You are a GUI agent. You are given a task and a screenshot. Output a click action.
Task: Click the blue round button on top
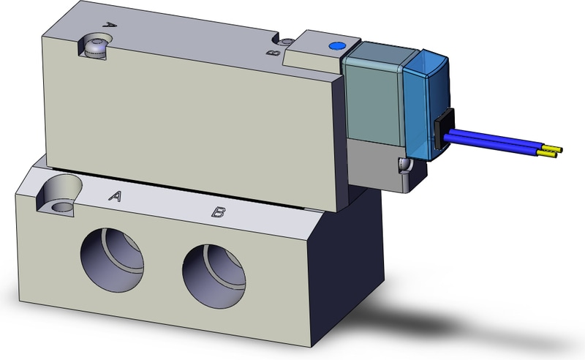(336, 46)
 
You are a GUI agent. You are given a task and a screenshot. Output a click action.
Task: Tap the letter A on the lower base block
(116, 195)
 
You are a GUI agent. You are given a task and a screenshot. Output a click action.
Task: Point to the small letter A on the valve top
(109, 25)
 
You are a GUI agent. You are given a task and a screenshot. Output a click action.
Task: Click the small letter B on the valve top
(273, 52)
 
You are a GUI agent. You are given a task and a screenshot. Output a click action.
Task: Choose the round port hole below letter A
(112, 259)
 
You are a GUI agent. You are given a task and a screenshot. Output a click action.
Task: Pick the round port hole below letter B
(214, 277)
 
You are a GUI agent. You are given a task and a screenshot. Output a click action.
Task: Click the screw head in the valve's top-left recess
(96, 48)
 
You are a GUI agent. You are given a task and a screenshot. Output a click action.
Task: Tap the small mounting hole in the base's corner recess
(61, 207)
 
